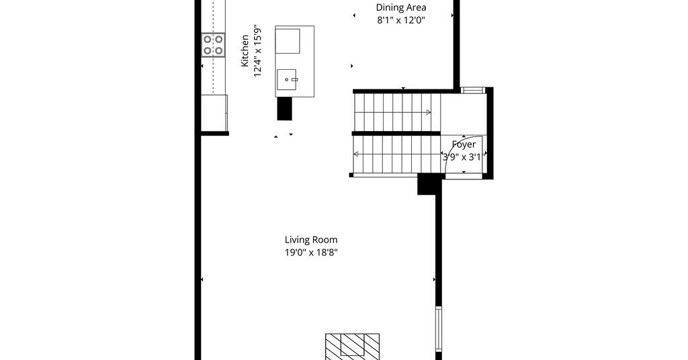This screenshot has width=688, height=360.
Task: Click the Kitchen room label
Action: pos(245,51)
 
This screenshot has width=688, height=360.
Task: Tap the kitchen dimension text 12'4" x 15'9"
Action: pos(257,51)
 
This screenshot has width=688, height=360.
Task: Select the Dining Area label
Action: pos(401,7)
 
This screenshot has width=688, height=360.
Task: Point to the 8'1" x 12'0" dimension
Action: pos(401,20)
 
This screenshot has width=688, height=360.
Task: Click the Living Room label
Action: pos(311,240)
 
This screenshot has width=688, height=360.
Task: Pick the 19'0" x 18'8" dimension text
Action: pos(311,253)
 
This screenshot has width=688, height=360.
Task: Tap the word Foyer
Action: pos(464,144)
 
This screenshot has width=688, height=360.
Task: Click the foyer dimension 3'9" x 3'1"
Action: pos(464,157)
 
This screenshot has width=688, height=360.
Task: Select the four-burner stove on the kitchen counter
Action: pos(213,45)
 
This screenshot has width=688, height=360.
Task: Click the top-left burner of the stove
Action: pos(208,40)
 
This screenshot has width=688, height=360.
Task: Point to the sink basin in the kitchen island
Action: pos(286,79)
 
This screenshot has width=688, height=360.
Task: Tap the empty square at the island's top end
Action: pos(288,41)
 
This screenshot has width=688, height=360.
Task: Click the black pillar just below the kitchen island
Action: pos(284,108)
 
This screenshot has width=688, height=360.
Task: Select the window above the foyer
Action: pos(473,90)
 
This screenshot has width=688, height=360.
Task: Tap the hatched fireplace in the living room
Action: pos(352,347)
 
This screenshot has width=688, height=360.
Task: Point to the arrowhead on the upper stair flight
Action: pos(428,112)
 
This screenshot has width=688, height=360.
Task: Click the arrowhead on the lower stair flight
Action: pos(356,154)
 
